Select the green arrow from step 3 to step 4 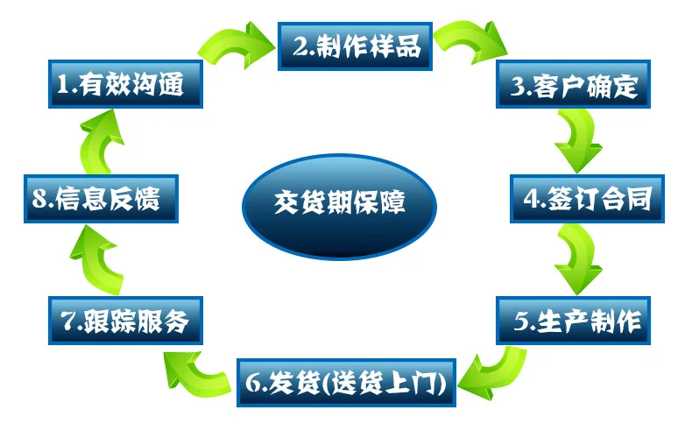pos(579,140)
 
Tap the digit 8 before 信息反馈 pos(39,200)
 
